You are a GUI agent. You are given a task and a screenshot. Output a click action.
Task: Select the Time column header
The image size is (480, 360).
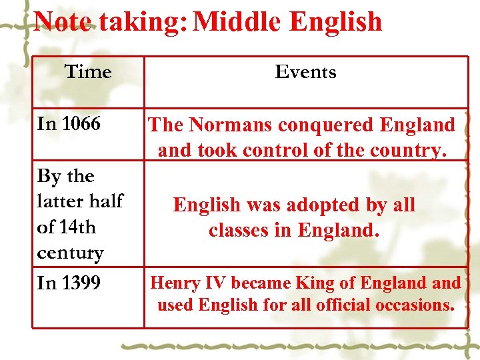[x=88, y=71]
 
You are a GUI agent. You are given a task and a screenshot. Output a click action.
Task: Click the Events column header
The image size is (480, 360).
[x=306, y=71]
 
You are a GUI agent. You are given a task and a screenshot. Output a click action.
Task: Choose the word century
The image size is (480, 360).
[x=71, y=253]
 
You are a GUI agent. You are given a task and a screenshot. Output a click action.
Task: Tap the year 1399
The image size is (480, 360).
[x=80, y=283]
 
